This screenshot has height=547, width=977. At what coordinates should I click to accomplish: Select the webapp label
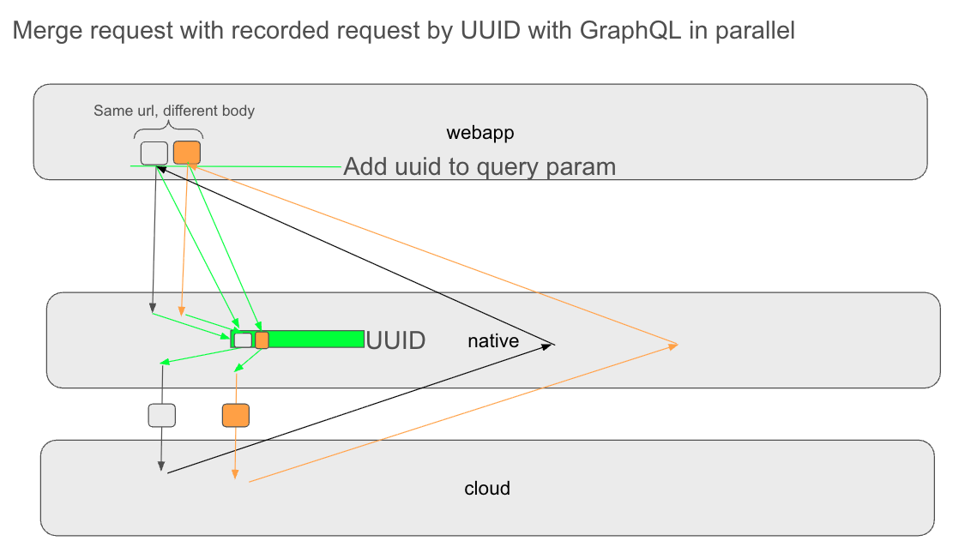[x=479, y=133]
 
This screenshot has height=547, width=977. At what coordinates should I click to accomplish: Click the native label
[x=493, y=341]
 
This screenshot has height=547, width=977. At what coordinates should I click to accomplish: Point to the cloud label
[x=487, y=489]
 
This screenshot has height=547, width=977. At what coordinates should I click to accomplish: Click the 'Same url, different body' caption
[x=174, y=111]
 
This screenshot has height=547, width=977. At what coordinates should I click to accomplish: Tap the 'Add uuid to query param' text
[x=479, y=166]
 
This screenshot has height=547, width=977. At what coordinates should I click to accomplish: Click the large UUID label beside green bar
[x=395, y=340]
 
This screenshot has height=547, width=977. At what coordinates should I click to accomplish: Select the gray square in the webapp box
[x=154, y=153]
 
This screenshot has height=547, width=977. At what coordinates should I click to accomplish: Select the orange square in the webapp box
[x=186, y=153]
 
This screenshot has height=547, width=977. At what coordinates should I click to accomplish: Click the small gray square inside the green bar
[x=244, y=340]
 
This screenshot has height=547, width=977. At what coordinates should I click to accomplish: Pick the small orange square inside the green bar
[x=262, y=340]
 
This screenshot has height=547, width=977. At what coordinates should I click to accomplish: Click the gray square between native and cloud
[x=161, y=415]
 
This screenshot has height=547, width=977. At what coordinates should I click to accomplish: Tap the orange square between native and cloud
[x=235, y=415]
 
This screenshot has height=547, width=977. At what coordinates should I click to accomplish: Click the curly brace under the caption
[x=168, y=131]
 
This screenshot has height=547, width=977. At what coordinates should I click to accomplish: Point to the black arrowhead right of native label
[x=551, y=345]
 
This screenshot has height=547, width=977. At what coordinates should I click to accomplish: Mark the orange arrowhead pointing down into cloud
[x=235, y=476]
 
